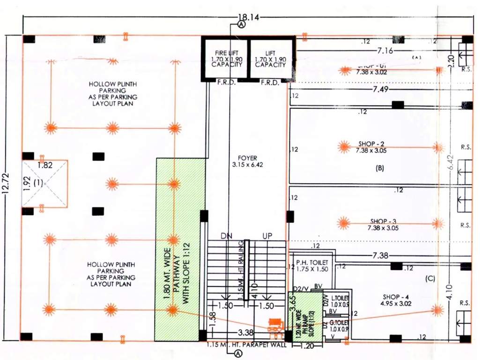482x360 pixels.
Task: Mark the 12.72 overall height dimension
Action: pyautogui.click(x=6, y=187)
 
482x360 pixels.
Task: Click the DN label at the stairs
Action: pyautogui.click(x=227, y=236)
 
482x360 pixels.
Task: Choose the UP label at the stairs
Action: pyautogui.click(x=267, y=236)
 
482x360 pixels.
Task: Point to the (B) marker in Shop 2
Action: pyautogui.click(x=380, y=167)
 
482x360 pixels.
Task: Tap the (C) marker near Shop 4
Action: pyautogui.click(x=430, y=278)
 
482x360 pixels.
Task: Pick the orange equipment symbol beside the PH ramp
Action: pyautogui.click(x=276, y=325)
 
